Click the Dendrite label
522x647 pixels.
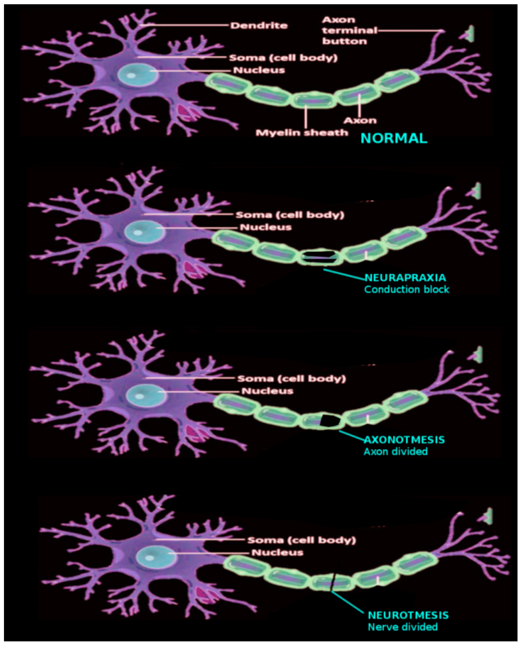[259, 26]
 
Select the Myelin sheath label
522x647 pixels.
[301, 132]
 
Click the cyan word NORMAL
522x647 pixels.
[393, 138]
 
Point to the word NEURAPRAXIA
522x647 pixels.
[405, 277]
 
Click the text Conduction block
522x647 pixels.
[407, 289]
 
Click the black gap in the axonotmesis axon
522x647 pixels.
[330, 420]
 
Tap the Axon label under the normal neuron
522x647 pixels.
[360, 120]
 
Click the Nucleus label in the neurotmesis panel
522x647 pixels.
[277, 552]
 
